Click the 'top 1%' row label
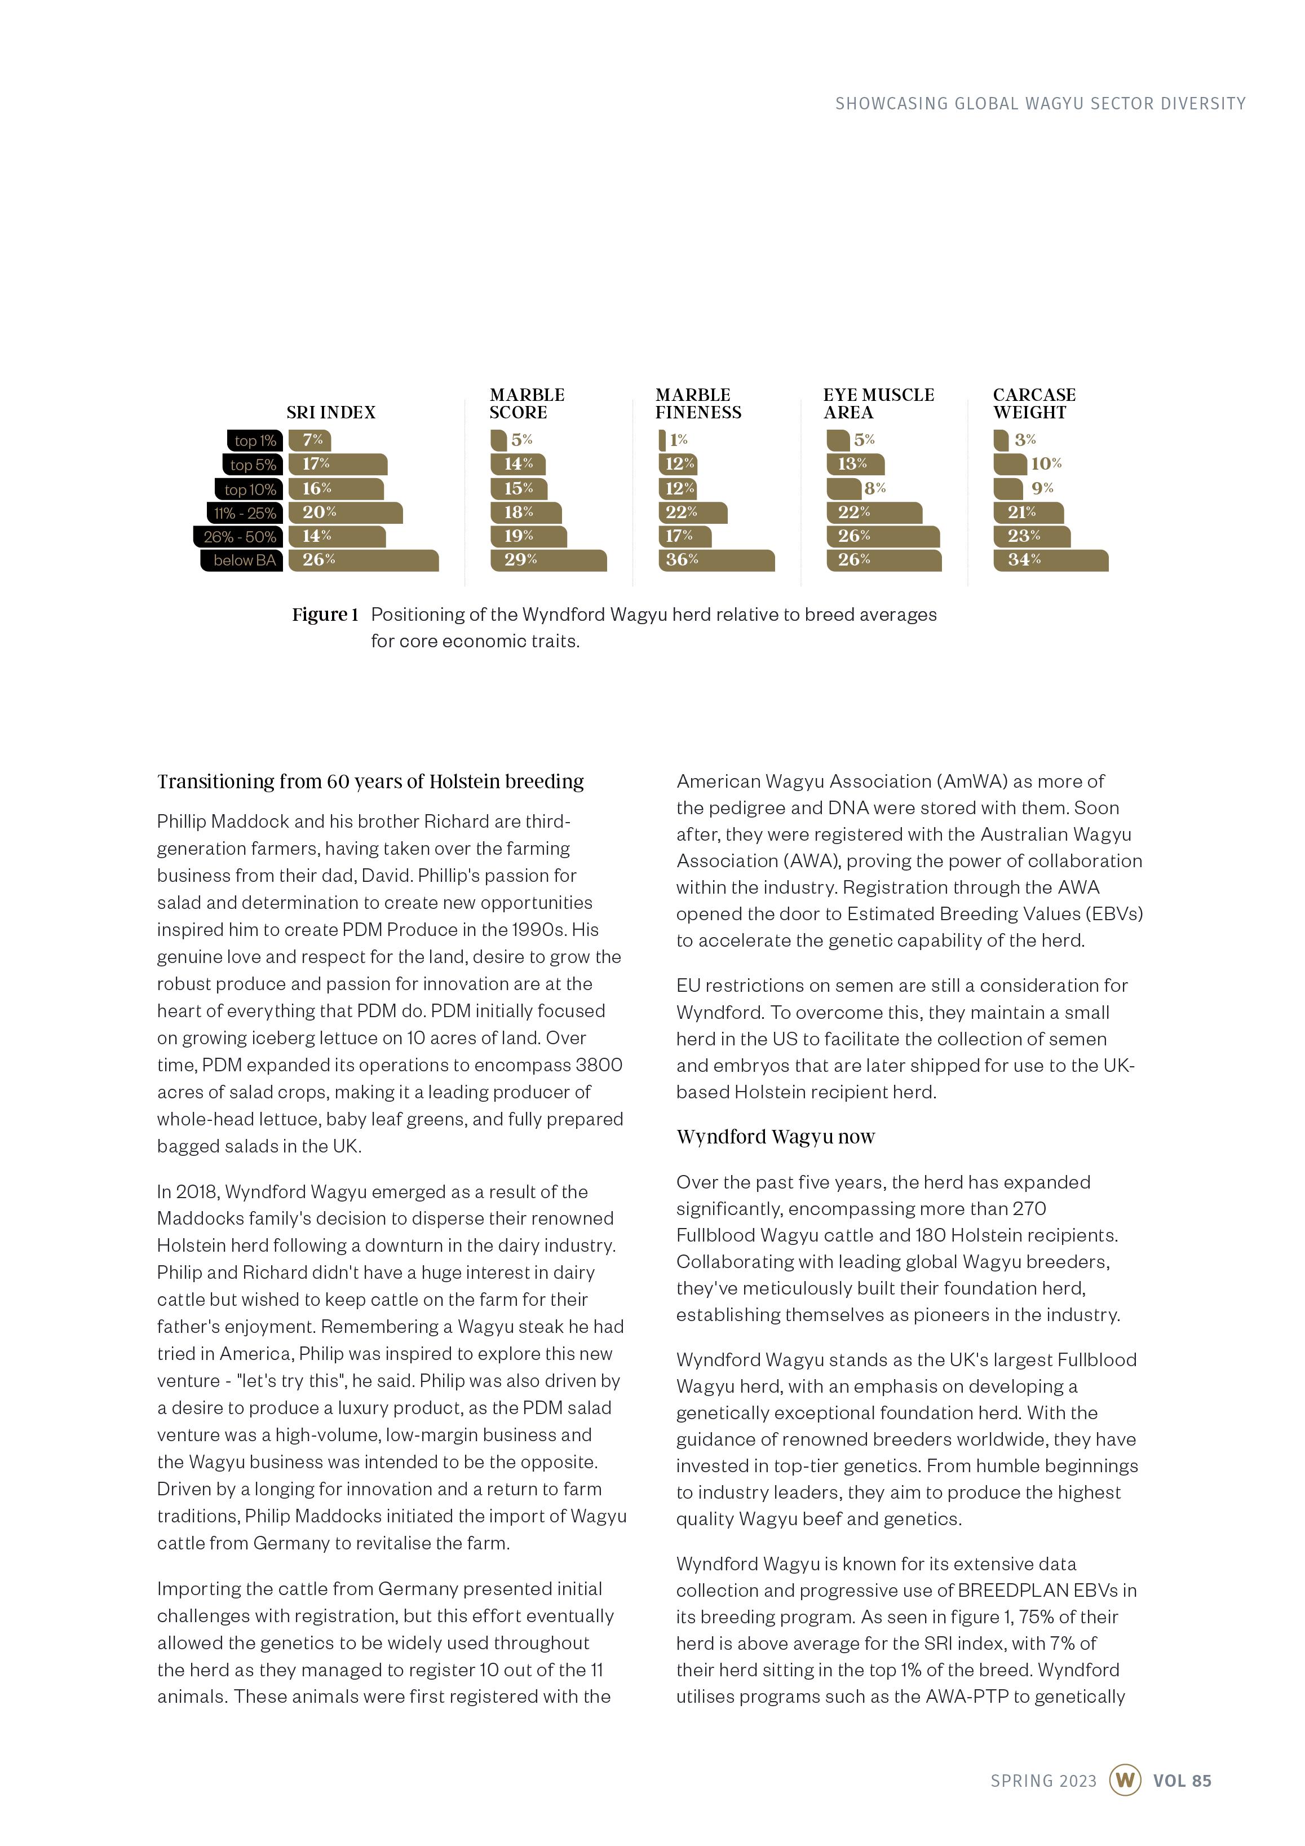tap(255, 440)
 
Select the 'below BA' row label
tap(244, 560)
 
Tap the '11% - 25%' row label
tap(245, 513)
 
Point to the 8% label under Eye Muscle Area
tap(875, 488)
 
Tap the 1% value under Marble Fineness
tap(679, 440)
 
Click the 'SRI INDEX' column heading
tap(330, 413)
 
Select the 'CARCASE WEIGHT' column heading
tap(1033, 404)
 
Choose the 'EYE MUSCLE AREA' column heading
tap(878, 404)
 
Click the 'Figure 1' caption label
tap(325, 615)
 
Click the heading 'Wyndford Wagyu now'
tap(775, 1137)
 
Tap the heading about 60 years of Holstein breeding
tap(370, 781)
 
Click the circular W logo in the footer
tap(1125, 1780)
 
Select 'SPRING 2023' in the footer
tap(1043, 1781)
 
